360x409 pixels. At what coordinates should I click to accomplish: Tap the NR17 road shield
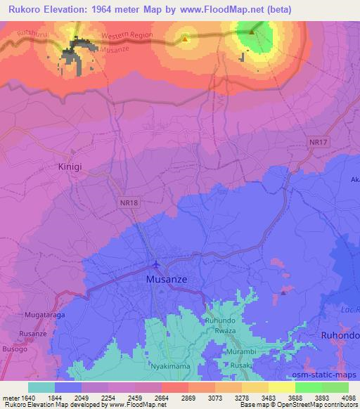coord(319,143)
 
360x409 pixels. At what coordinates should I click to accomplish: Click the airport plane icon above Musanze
coord(155,265)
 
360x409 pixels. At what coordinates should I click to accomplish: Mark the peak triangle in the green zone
coord(252,31)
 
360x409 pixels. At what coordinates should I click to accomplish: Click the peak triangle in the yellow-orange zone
coord(184,39)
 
